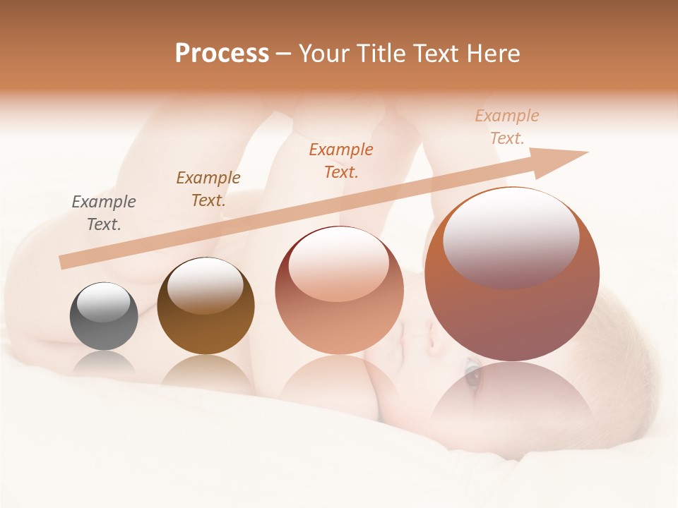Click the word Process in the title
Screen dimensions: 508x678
pyautogui.click(x=222, y=54)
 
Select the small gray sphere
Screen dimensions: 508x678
pyautogui.click(x=104, y=316)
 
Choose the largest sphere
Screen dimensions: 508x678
pyautogui.click(x=512, y=274)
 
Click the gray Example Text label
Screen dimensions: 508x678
pyautogui.click(x=104, y=213)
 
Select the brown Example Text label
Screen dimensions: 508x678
pyautogui.click(x=208, y=189)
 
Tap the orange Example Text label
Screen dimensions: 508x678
pyautogui.click(x=341, y=161)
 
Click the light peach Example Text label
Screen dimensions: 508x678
pyautogui.click(x=507, y=127)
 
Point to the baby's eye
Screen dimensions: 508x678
pyautogui.click(x=472, y=372)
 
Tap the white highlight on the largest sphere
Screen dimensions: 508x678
pyautogui.click(x=511, y=236)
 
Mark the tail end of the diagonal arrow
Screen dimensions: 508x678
pyautogui.click(x=64, y=262)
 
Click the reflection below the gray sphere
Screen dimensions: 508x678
pyautogui.click(x=104, y=363)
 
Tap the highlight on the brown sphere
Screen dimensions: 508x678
pyautogui.click(x=205, y=286)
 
